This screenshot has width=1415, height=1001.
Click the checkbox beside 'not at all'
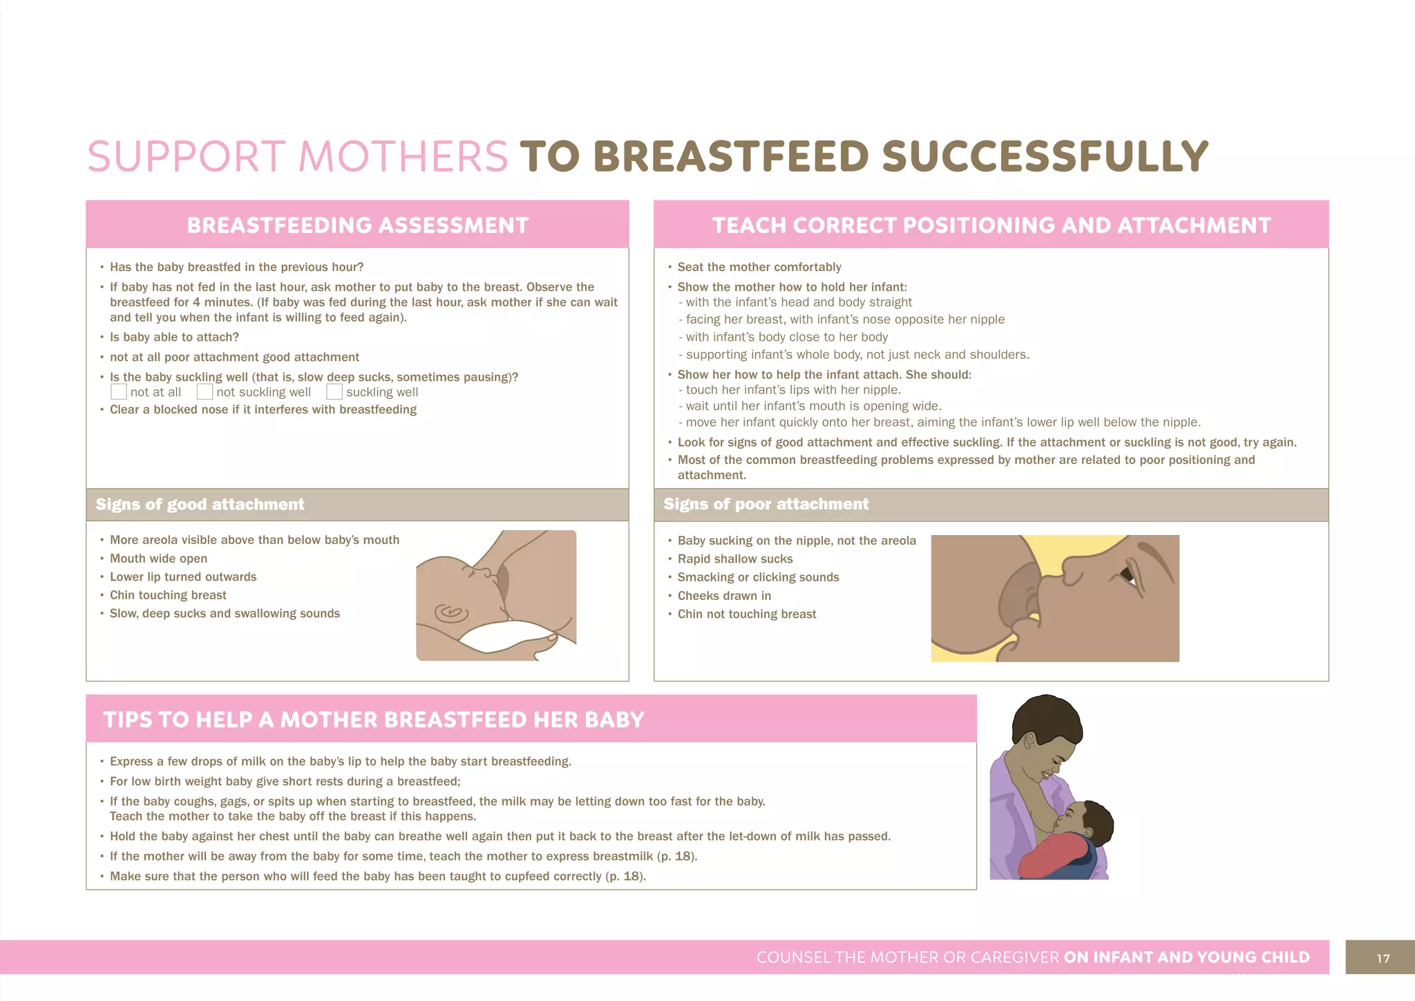119,392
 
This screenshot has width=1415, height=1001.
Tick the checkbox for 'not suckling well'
205,392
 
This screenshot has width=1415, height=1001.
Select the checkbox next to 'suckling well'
334,392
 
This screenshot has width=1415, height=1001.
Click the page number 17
1383,958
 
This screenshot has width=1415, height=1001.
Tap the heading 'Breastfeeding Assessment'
357,225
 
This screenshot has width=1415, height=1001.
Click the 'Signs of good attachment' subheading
200,505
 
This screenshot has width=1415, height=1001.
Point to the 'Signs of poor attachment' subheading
766,505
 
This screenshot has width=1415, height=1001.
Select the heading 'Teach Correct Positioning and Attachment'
991,225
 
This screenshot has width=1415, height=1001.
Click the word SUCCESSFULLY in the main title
1045,157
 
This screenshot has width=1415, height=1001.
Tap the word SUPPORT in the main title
187,157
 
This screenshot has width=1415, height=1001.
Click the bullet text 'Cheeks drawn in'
724,596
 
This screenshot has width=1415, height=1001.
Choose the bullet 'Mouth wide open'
158,559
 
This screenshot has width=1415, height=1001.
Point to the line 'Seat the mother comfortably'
759,267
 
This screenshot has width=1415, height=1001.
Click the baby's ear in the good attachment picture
450,612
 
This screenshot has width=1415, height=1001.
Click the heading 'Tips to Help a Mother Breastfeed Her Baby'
374,720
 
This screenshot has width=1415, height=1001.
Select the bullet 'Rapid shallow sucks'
735,559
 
